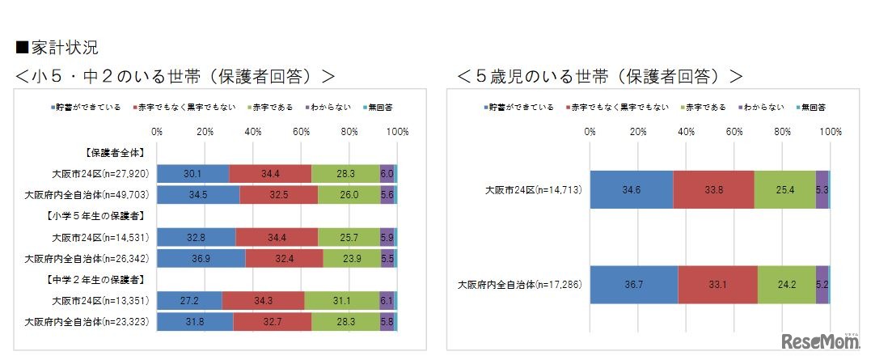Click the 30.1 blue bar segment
click(192, 173)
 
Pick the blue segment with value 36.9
click(201, 258)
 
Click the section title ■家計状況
click(57, 46)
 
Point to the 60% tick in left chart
click(301, 130)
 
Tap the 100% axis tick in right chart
click(830, 130)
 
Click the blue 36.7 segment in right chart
click(633, 285)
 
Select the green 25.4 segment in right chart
click(784, 190)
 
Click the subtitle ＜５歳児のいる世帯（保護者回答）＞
click(599, 76)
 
